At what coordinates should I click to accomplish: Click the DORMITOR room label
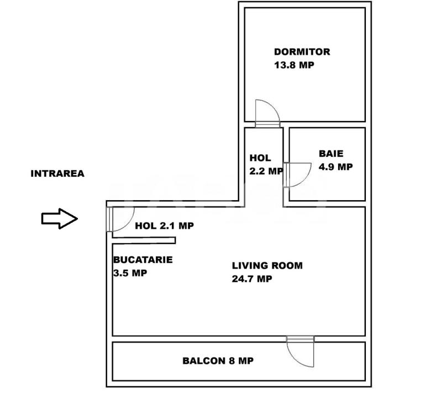point(302,52)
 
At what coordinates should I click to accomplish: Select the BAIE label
point(331,154)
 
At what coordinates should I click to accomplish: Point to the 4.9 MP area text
point(335,166)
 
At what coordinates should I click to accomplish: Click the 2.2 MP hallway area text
point(266,171)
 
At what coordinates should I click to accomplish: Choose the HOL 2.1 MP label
point(164,226)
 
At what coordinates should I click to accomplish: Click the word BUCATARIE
point(143,259)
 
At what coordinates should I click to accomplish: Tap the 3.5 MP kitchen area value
point(130,273)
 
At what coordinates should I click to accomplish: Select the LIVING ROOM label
point(267,265)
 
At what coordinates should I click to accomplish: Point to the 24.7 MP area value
point(252,279)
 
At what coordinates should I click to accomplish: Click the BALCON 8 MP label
point(218,361)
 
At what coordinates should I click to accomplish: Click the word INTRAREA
point(57,174)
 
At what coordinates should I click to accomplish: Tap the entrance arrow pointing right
point(59,219)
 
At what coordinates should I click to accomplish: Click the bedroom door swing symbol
point(269,113)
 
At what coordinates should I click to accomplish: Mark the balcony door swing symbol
point(301,352)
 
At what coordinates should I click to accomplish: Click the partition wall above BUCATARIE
point(144,240)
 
